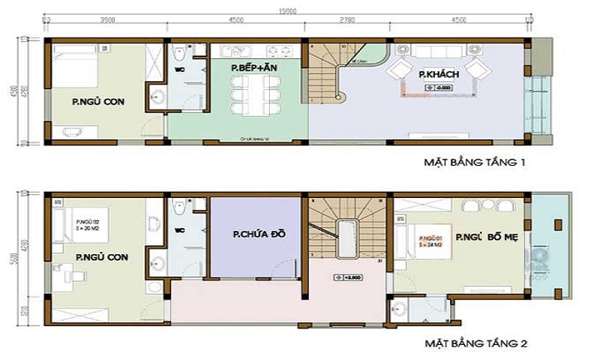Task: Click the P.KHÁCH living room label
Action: coord(438,74)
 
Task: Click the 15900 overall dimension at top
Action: coord(288,11)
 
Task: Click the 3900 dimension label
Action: coord(107,19)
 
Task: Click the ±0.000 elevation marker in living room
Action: coord(439,88)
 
